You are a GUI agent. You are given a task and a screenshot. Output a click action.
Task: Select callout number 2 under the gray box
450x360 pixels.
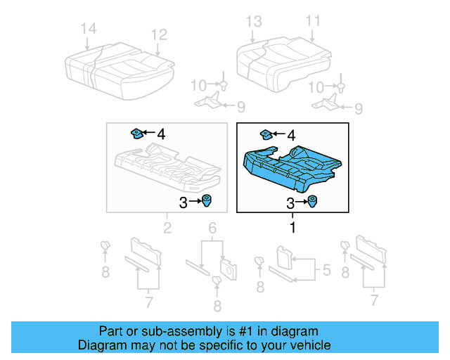(167, 228)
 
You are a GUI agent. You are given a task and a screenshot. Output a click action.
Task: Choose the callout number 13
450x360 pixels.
(253, 21)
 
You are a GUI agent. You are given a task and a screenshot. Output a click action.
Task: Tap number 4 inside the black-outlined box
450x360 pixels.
(290, 134)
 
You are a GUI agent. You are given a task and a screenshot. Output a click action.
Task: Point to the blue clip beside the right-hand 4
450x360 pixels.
(267, 134)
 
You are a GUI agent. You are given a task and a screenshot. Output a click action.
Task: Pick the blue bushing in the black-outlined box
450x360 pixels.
(311, 203)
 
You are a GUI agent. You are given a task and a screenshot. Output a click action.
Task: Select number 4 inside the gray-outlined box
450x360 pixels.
(161, 133)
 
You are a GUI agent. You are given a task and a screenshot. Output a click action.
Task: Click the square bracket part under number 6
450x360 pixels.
(228, 267)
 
